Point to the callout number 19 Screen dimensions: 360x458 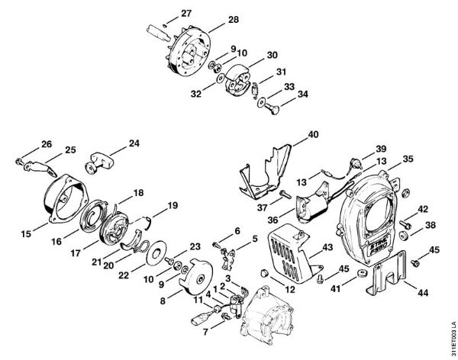tap(173, 205)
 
